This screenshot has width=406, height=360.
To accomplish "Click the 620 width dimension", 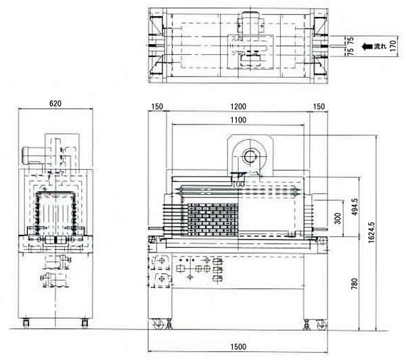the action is (x=55, y=104).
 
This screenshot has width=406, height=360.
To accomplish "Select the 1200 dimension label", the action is (x=238, y=106).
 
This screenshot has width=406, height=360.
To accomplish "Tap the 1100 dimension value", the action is (x=238, y=120).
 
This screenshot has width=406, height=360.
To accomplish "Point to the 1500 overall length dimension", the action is (x=238, y=346).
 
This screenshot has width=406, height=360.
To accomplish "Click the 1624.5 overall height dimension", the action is (x=371, y=232).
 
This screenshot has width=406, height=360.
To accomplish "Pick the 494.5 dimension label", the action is (x=355, y=206).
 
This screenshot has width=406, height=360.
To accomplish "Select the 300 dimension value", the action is (x=338, y=219).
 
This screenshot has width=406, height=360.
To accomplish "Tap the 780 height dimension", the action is (x=355, y=284).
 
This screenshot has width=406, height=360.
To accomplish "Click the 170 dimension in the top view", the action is (x=392, y=46).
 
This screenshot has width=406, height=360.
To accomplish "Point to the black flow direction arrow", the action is (x=367, y=47).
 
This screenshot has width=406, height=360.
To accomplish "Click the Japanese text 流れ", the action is (x=380, y=47).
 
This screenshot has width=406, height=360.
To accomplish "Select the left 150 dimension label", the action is (x=157, y=106).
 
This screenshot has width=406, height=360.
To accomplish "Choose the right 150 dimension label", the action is (x=319, y=106).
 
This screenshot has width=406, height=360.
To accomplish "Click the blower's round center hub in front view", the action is (x=250, y=156).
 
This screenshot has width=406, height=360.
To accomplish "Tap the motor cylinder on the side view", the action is (x=33, y=155).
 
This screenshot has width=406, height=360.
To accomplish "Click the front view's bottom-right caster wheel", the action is (x=321, y=325).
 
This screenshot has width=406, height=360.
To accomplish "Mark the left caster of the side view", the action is (x=26, y=323).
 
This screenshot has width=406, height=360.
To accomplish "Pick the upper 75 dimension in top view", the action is (x=351, y=41).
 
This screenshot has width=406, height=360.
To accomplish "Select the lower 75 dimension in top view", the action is (x=351, y=51).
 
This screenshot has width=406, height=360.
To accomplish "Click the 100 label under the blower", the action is (x=238, y=185).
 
